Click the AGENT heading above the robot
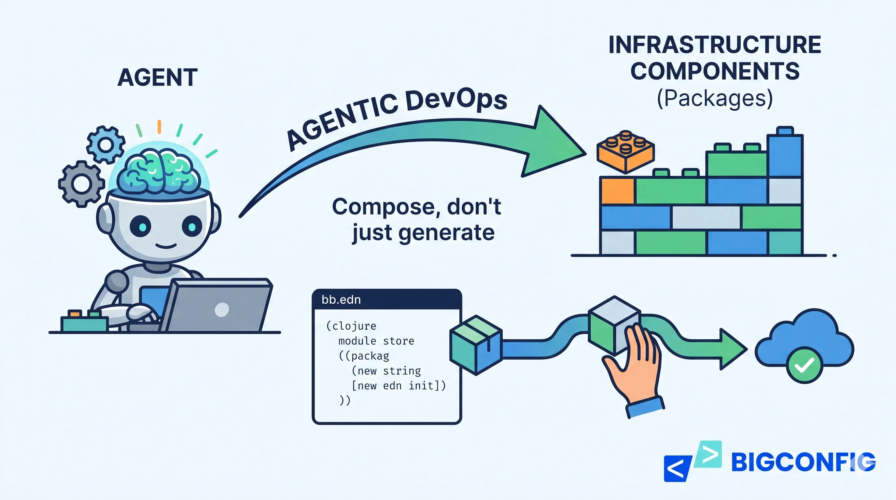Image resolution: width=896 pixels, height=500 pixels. pyautogui.click(x=157, y=77)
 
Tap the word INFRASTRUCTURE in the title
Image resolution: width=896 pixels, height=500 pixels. pyautogui.click(x=714, y=45)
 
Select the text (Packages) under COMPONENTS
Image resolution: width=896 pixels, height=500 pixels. pyautogui.click(x=714, y=98)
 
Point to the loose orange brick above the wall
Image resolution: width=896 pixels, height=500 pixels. pyautogui.click(x=625, y=152)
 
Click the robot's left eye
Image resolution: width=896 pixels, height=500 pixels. pyautogui.click(x=141, y=227)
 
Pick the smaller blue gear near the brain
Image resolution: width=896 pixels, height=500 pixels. pyautogui.click(x=105, y=144)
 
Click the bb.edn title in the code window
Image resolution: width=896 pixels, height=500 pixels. pyautogui.click(x=341, y=300)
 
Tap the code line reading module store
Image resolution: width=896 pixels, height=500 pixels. pyautogui.click(x=376, y=341)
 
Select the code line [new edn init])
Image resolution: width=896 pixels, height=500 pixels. pyautogui.click(x=399, y=386)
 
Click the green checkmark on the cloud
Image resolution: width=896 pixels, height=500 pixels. pyautogui.click(x=805, y=365)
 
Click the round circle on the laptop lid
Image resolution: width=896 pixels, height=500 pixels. pyautogui.click(x=222, y=310)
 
